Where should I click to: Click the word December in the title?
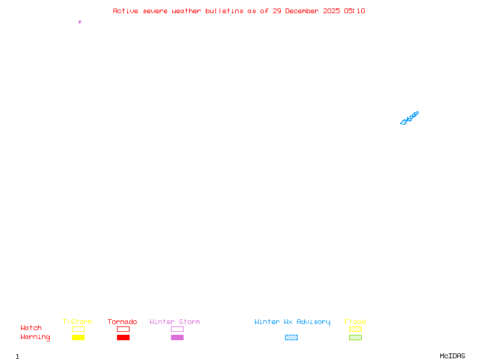click(x=302, y=11)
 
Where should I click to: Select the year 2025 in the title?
click(x=331, y=11)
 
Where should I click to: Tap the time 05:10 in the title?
click(x=355, y=11)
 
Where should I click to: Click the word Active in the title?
click(x=125, y=11)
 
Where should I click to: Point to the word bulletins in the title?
click(x=224, y=11)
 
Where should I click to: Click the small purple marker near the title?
click(x=80, y=22)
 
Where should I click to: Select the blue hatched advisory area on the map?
click(x=409, y=118)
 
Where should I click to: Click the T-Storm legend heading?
click(x=77, y=322)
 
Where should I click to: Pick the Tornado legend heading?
click(x=122, y=322)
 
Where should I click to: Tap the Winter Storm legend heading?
click(x=175, y=322)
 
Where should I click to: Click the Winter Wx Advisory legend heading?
click(x=292, y=322)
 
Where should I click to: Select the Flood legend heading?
click(x=355, y=322)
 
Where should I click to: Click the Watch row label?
click(x=31, y=328)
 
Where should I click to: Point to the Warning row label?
click(x=35, y=337)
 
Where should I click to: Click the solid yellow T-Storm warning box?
click(x=79, y=337)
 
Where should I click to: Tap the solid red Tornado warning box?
click(x=124, y=337)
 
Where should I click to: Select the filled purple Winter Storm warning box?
click(x=177, y=337)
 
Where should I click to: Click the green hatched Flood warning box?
click(x=355, y=337)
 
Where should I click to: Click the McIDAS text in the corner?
click(x=452, y=356)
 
